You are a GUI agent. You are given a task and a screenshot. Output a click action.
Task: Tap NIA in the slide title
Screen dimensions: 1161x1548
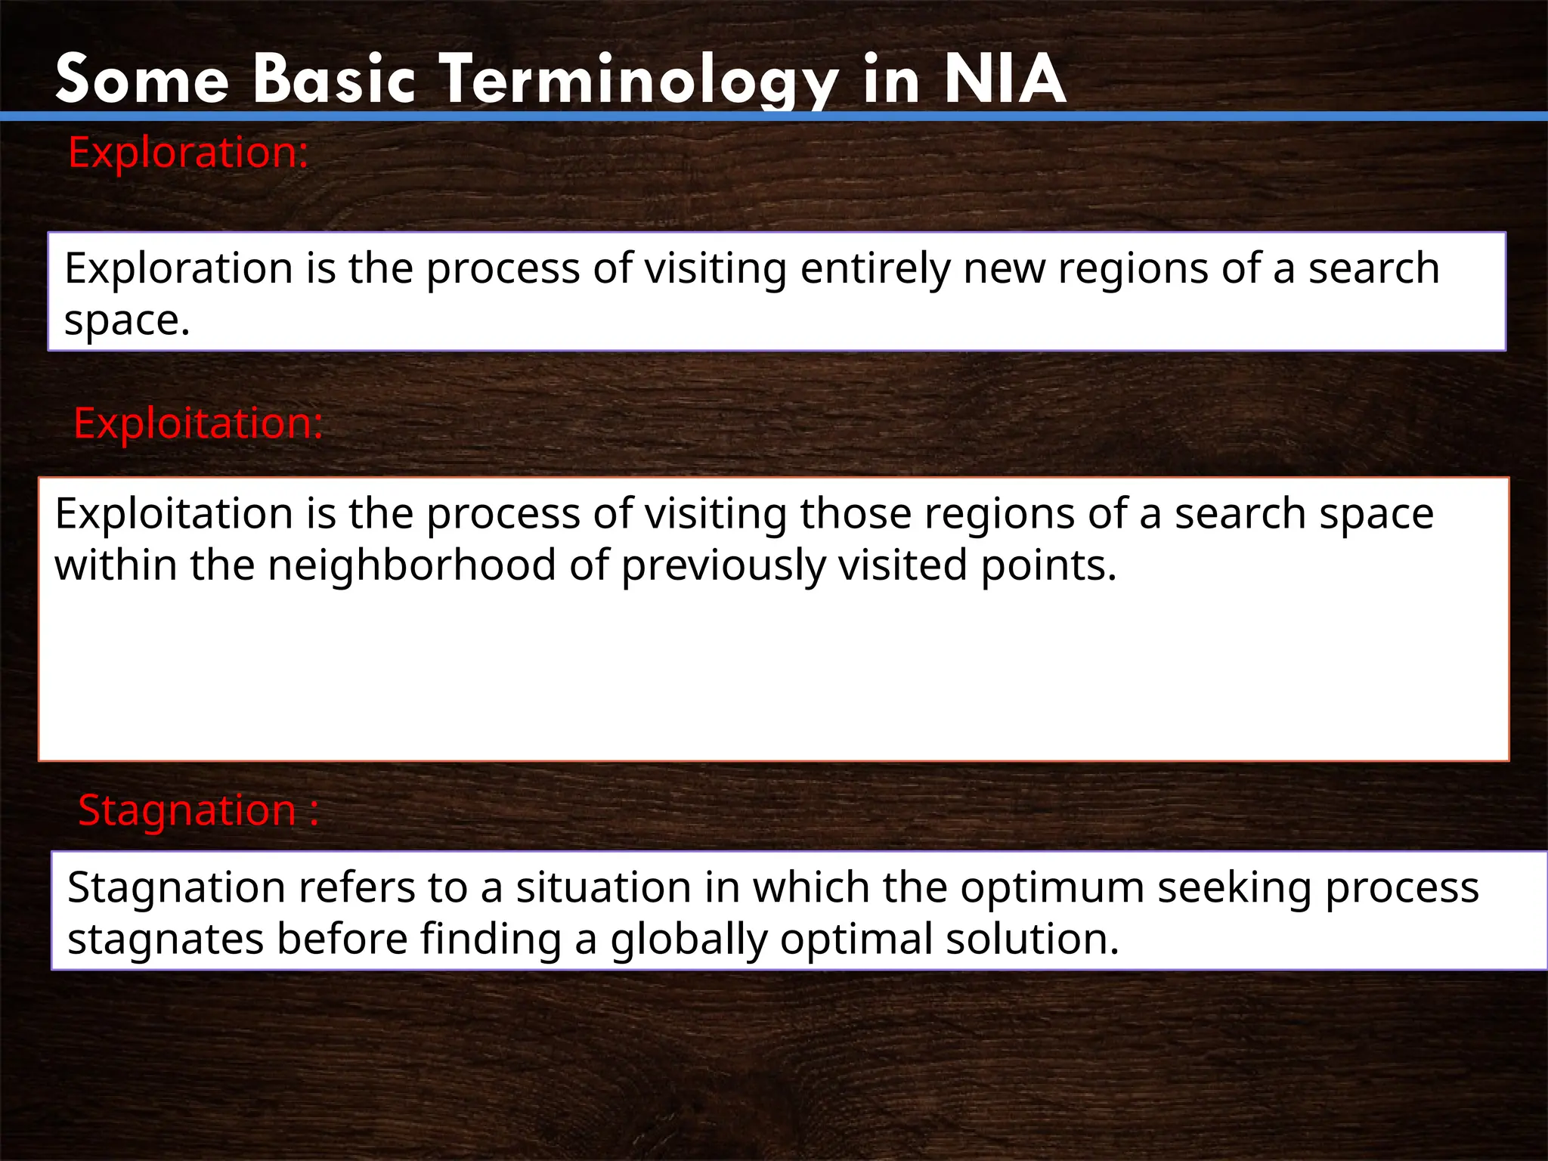[1005, 79]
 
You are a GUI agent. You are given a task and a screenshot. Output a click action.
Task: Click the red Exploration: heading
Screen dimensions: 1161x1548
[188, 153]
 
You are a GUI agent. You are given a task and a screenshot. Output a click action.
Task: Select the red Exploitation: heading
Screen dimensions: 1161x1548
[198, 423]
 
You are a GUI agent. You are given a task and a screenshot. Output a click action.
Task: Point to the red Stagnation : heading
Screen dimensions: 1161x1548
[198, 811]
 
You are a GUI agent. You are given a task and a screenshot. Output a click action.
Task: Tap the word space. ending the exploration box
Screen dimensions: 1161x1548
[126, 320]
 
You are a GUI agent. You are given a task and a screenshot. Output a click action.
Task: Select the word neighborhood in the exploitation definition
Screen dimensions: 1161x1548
[412, 565]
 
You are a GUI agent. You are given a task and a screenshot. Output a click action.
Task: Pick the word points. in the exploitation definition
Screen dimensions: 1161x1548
[1048, 565]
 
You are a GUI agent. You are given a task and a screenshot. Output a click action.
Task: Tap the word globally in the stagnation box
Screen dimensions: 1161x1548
[688, 940]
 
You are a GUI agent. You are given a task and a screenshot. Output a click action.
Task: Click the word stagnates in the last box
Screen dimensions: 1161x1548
[166, 940]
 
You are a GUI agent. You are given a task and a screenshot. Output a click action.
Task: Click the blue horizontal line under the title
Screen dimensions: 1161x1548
[774, 116]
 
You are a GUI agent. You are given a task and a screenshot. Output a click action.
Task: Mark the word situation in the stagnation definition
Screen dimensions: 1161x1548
[603, 887]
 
